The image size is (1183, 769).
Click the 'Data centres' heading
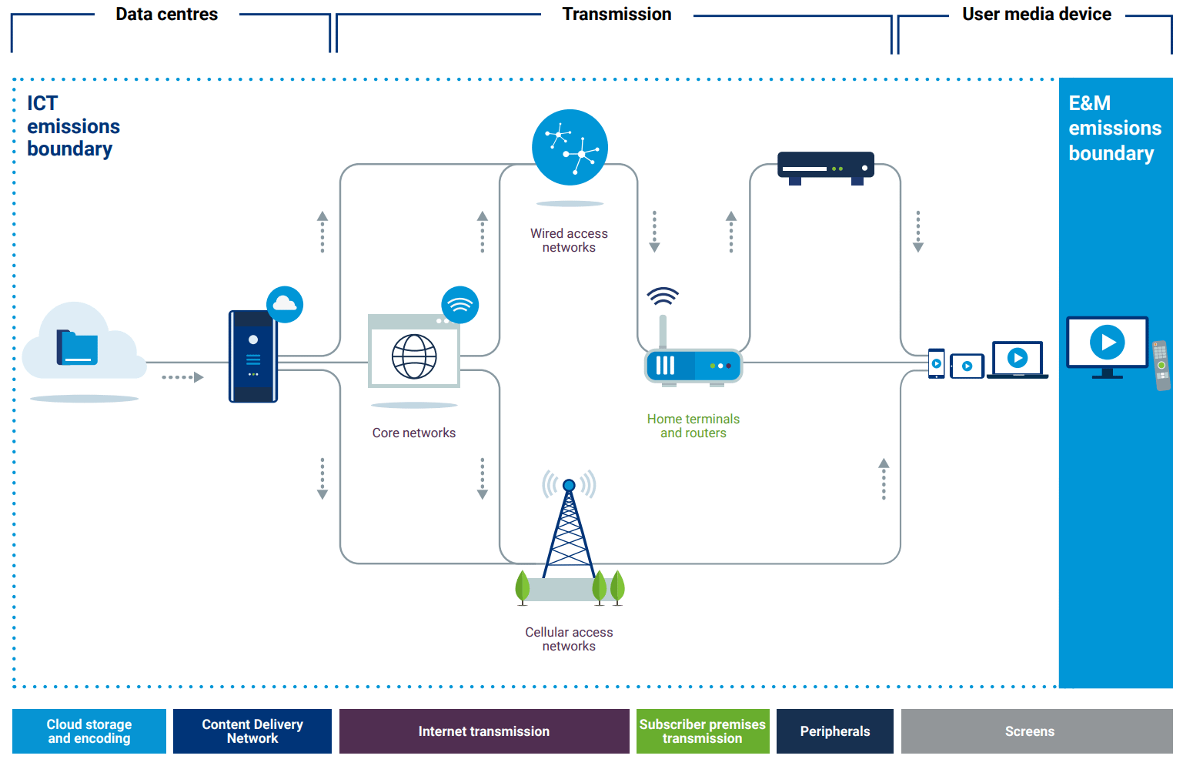tap(166, 15)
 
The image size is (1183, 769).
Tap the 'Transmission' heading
tap(617, 15)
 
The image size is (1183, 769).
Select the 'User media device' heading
tap(1036, 15)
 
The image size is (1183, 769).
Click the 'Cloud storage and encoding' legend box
tap(89, 731)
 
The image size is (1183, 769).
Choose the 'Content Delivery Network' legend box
tap(252, 731)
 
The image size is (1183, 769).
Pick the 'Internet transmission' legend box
tap(484, 731)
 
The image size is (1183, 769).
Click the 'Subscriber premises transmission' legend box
tap(703, 731)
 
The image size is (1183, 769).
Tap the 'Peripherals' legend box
tap(835, 731)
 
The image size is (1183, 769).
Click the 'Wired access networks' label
tap(569, 240)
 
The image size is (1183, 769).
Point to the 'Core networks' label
tap(414, 433)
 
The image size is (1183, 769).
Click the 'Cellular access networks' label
tap(569, 639)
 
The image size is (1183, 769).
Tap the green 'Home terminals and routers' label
tap(693, 426)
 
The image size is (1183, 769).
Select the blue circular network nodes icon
tap(570, 147)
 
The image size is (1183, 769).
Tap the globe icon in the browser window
tap(414, 356)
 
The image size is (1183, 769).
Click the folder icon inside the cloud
tap(77, 347)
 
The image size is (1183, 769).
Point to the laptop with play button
tap(1018, 359)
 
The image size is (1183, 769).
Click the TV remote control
tap(1161, 365)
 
